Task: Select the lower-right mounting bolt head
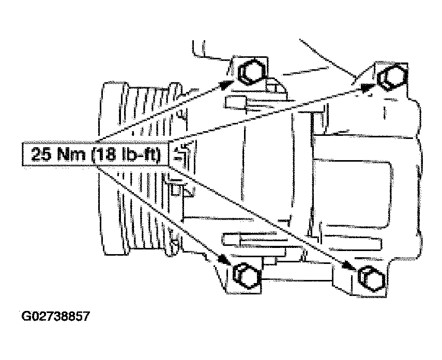(x=372, y=278)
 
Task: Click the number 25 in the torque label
(x=41, y=154)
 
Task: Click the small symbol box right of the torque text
(x=181, y=153)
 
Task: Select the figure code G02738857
(x=55, y=316)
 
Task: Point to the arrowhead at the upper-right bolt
(x=368, y=87)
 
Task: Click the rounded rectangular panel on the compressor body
(x=353, y=194)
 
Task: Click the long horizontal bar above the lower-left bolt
(x=301, y=242)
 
